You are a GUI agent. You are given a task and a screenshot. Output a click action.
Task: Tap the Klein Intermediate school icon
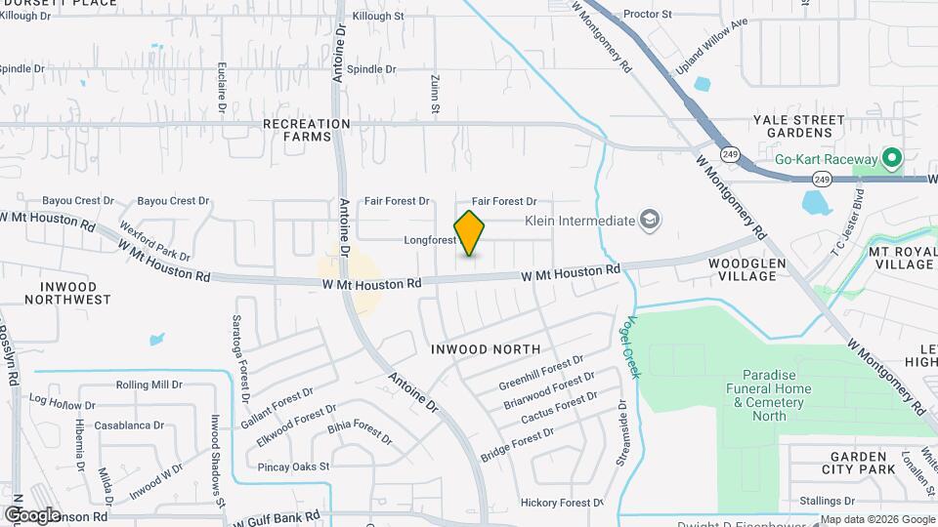coord(650,221)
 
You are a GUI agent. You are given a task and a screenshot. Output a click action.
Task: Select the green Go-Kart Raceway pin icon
coord(891,157)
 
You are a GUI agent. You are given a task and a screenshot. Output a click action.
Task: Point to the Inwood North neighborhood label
coord(486,349)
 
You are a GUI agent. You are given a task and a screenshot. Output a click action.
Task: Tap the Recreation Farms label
coord(306,130)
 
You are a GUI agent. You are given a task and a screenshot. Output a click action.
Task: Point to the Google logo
coord(32,514)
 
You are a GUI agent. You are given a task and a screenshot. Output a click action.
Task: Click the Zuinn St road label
coord(433,96)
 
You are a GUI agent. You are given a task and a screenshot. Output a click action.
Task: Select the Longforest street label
coord(430,240)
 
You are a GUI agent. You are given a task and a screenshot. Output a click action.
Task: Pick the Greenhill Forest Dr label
coord(540,371)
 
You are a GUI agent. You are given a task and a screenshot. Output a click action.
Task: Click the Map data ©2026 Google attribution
coord(877,519)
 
